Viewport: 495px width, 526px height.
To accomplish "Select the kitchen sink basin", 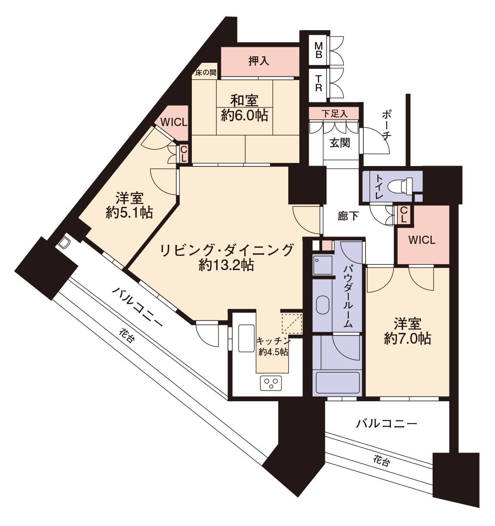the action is click(246, 338).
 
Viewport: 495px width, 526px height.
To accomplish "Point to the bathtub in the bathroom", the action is click(336, 383).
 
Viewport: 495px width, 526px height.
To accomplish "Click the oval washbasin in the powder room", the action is click(323, 305).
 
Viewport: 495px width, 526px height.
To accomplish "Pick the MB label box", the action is click(318, 51).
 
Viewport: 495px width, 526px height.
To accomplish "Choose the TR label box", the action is click(318, 84).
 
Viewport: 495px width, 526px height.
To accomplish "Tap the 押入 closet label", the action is click(259, 61).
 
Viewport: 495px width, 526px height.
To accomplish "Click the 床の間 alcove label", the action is click(206, 73).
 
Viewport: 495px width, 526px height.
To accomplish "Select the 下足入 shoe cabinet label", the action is click(335, 114).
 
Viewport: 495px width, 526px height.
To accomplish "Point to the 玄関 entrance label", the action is click(340, 143).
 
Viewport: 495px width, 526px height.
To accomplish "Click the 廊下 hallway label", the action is click(348, 216).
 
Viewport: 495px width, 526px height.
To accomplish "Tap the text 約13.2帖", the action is click(227, 265).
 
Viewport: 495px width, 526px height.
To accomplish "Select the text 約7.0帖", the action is click(408, 338).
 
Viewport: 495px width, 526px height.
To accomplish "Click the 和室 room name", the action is click(244, 101).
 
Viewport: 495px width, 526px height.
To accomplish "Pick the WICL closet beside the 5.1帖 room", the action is click(174, 122).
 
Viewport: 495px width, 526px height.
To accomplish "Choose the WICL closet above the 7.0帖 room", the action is click(422, 240).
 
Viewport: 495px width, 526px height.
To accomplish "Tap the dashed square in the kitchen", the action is click(292, 323).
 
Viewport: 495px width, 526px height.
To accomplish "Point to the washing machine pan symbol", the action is click(323, 265).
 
